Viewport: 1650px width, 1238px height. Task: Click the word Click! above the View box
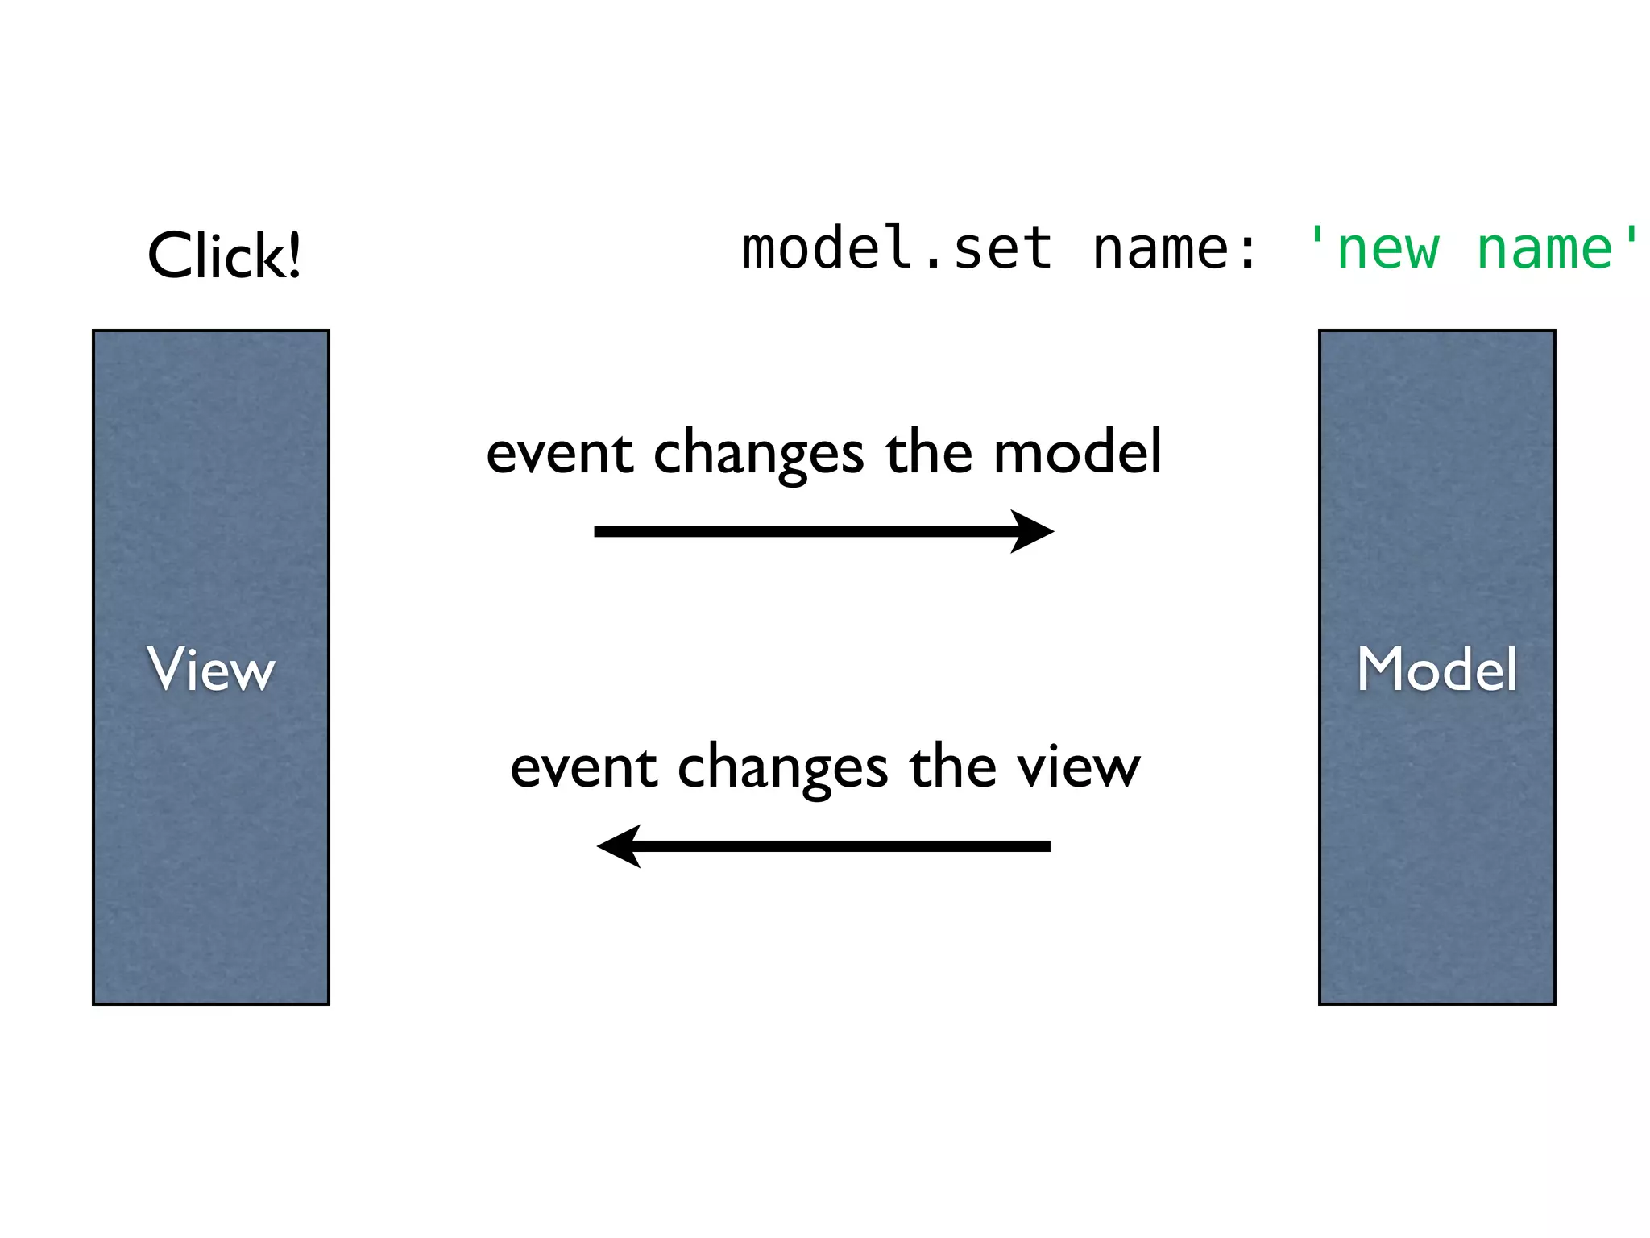pyautogui.click(x=224, y=255)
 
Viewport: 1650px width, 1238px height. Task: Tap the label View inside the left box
pyautogui.click(x=211, y=669)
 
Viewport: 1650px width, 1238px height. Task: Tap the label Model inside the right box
pyautogui.click(x=1436, y=669)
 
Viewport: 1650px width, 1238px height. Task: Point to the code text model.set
pyautogui.click(x=897, y=248)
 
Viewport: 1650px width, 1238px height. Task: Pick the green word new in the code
pyautogui.click(x=1387, y=248)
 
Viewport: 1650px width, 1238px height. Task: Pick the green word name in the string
pyautogui.click(x=1544, y=248)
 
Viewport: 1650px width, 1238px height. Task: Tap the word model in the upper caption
pyautogui.click(x=1077, y=452)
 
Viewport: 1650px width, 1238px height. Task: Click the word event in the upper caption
pyautogui.click(x=559, y=454)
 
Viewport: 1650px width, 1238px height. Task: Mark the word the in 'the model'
pyautogui.click(x=929, y=452)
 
